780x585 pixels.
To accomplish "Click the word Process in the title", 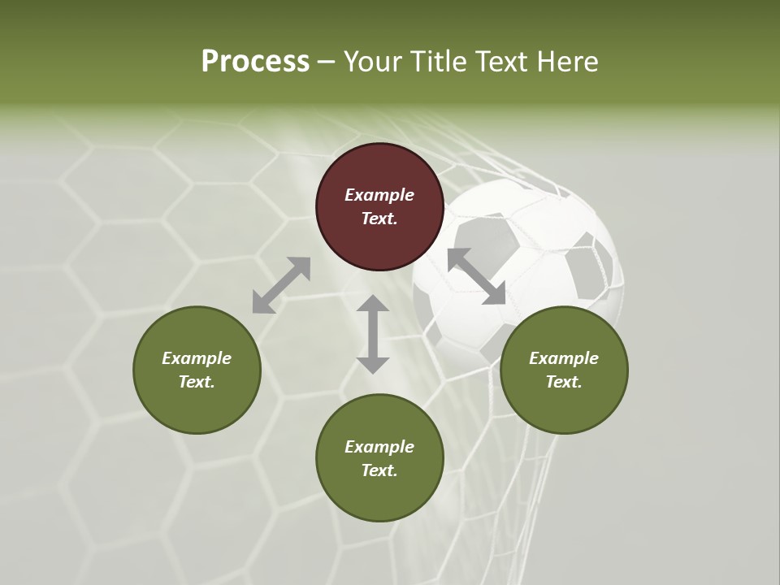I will coord(255,62).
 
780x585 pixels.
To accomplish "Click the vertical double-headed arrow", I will coord(373,334).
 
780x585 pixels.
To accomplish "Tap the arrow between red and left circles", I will coord(281,285).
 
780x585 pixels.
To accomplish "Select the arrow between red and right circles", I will coord(476,276).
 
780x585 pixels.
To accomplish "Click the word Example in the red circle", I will coord(379,195).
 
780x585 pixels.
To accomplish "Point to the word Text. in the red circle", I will coord(379,219).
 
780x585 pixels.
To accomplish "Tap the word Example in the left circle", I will coord(197,358).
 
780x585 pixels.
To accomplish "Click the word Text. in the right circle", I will coord(564,382).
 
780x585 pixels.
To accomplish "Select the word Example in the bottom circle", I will coord(379,447).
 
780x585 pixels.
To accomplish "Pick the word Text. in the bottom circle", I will coord(379,470).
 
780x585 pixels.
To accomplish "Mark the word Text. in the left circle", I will coord(197,382).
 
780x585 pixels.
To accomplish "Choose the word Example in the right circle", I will coord(564,358).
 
